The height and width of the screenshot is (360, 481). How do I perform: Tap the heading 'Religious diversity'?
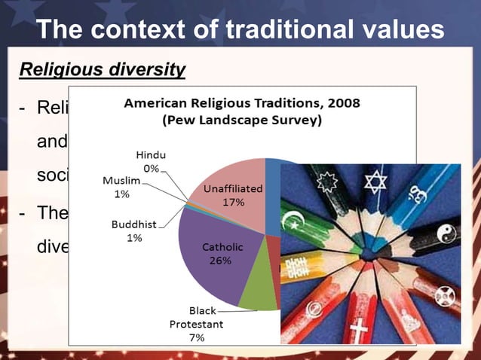point(102,70)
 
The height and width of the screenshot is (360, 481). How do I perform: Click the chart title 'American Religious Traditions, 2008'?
point(241,102)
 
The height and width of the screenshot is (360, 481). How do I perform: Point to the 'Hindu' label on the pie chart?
point(151,154)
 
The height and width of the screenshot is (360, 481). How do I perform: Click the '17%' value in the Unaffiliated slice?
point(232,202)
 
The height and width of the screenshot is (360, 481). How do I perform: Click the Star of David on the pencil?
point(374,181)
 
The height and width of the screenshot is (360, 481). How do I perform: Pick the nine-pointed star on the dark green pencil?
point(329,183)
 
